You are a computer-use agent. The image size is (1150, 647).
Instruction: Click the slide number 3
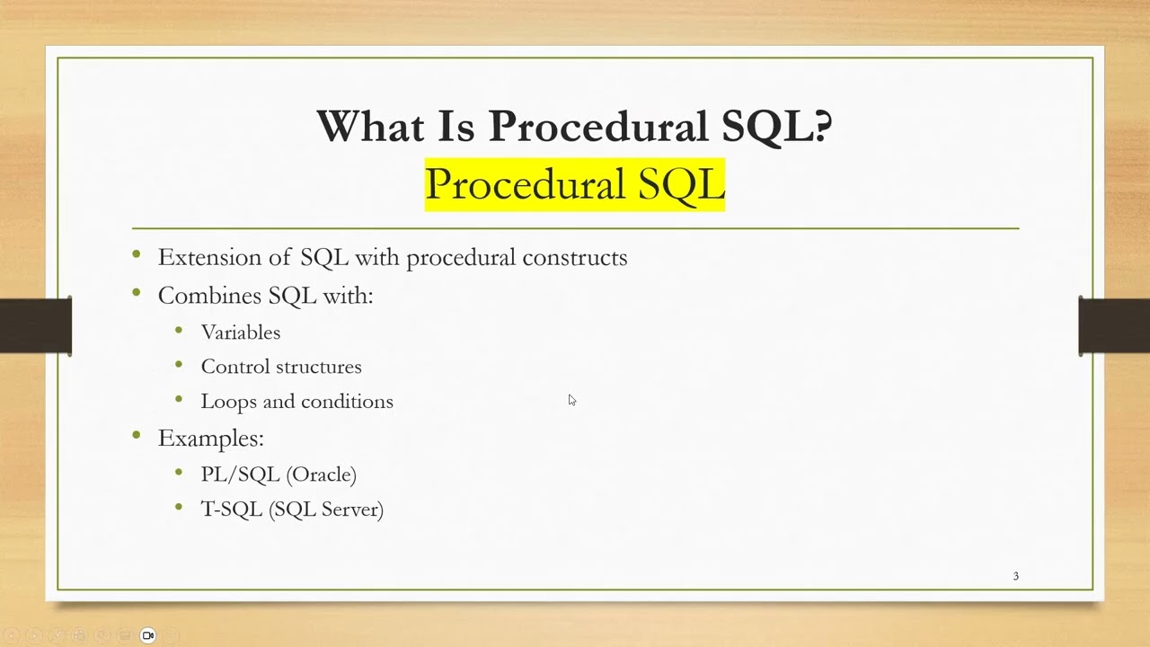tap(1016, 576)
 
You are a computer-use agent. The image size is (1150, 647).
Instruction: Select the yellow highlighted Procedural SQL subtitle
tap(574, 185)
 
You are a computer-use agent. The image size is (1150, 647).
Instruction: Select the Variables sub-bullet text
tap(241, 332)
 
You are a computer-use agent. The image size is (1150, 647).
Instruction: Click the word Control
tap(231, 367)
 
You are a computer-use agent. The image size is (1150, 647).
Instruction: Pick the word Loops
tap(228, 402)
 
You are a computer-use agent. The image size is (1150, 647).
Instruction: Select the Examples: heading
tap(210, 439)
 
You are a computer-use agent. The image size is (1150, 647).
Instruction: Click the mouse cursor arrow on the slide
tap(571, 400)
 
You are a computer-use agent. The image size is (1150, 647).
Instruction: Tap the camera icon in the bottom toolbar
tap(148, 635)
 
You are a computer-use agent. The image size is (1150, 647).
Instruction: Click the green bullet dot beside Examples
tap(137, 435)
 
